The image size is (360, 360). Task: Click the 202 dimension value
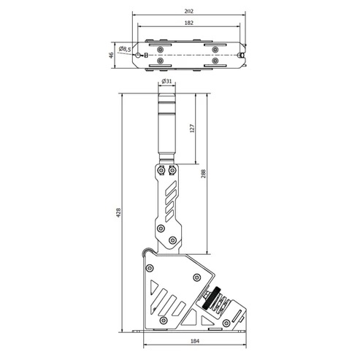(189, 11)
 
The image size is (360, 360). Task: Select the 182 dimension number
(189, 23)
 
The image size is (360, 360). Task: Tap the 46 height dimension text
(111, 55)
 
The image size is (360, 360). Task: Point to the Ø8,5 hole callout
(125, 49)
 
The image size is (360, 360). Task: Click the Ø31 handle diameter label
(166, 81)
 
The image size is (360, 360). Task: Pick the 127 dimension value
(192, 129)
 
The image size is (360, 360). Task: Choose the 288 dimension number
(203, 174)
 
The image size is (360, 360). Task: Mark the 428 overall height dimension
(118, 212)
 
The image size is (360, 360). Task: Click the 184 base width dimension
(195, 341)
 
